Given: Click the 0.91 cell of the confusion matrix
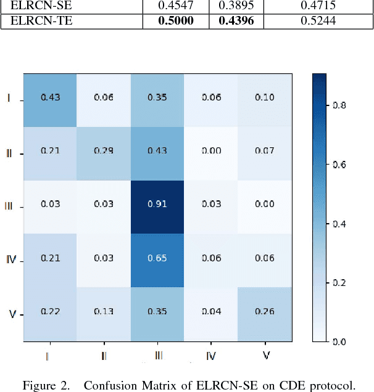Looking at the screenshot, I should pos(156,205).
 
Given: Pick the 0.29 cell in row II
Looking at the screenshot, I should pos(102,152).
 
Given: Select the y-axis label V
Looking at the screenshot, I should pos(12,314).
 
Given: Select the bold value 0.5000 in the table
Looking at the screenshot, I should pos(176,21).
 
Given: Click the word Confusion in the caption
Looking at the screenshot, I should pos(109,386).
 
